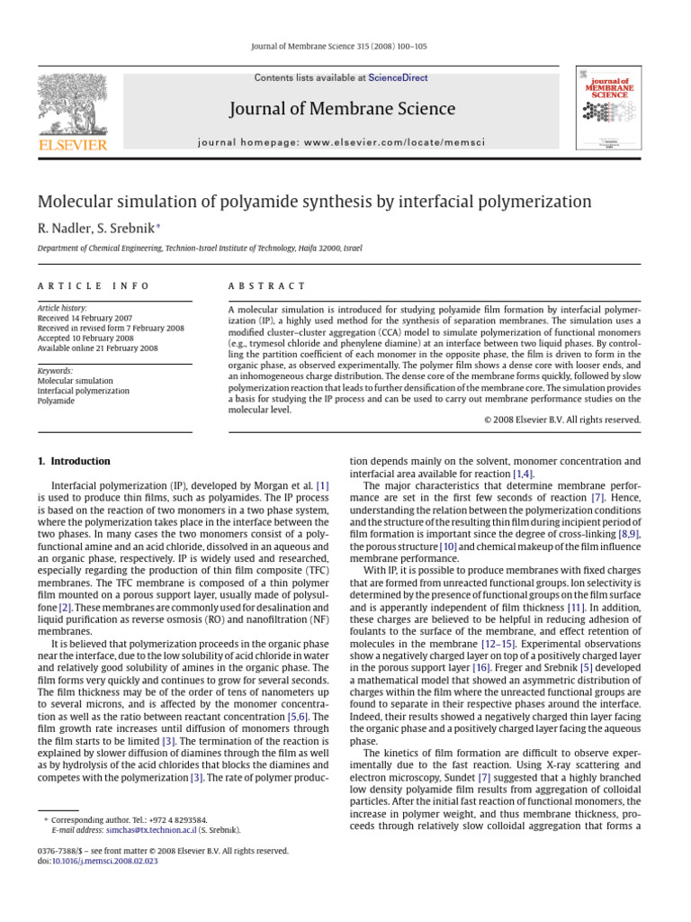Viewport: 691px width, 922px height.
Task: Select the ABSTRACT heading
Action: coord(267,285)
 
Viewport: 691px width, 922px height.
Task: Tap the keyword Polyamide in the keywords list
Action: coord(56,401)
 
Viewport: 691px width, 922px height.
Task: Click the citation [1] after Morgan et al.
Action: coord(321,486)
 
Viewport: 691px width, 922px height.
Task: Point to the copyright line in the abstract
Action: coord(562,419)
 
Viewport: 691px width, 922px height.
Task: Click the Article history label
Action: coord(62,308)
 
